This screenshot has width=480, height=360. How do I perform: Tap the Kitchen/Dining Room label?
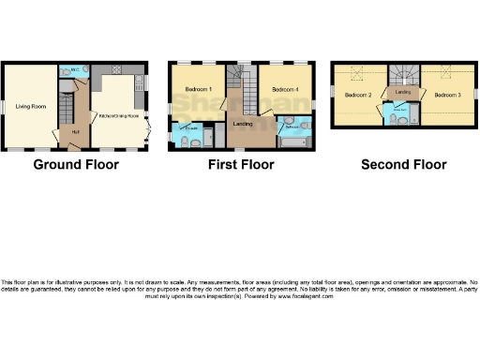pyautogui.click(x=117, y=115)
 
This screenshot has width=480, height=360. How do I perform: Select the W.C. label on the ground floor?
pyautogui.click(x=74, y=70)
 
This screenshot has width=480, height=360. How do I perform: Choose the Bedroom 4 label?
pyautogui.click(x=284, y=89)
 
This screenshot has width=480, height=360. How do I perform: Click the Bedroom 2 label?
pyautogui.click(x=358, y=96)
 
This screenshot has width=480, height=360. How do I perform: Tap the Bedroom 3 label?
pyautogui.click(x=447, y=95)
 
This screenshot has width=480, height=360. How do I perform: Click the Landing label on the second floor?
pyautogui.click(x=403, y=93)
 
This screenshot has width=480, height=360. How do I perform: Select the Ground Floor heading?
pyautogui.click(x=76, y=165)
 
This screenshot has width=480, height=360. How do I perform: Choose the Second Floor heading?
pyautogui.click(x=404, y=165)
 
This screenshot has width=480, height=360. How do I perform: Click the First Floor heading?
pyautogui.click(x=241, y=165)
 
